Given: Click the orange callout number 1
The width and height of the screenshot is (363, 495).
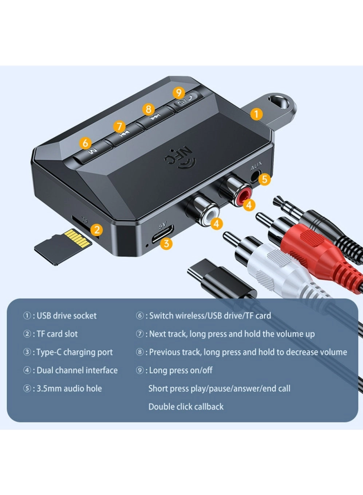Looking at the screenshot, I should [x=256, y=114].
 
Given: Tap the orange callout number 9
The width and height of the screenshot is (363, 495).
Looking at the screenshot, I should [x=178, y=93].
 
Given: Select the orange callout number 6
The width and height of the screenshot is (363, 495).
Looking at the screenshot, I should [x=85, y=143].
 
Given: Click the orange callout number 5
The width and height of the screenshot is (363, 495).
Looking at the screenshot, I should [x=265, y=179].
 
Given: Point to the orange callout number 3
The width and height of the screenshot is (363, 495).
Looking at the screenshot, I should [x=166, y=243].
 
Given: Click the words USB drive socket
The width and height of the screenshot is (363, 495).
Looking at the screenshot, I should [x=66, y=316].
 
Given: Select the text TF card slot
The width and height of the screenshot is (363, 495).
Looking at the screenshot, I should [x=57, y=334].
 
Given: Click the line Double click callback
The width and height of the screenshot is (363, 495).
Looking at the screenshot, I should [x=186, y=407].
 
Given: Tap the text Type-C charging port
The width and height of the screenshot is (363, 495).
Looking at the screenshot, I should [x=74, y=352].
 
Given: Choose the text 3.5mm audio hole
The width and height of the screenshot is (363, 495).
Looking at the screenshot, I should [x=69, y=388].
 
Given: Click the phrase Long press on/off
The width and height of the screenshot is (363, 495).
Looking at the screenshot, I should [x=181, y=370].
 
